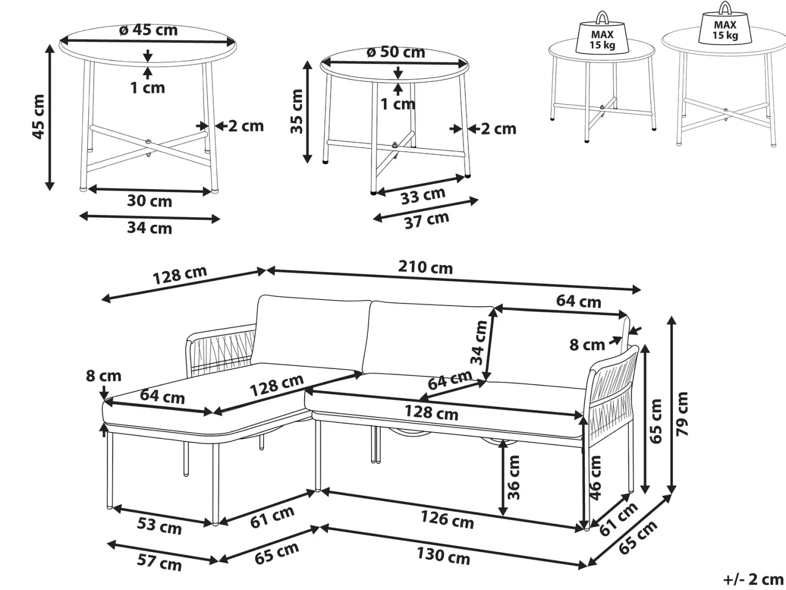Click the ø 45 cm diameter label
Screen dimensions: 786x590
coord(148,30)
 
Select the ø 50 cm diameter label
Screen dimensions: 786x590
coord(396,52)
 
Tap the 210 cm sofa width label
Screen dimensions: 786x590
coord(425,267)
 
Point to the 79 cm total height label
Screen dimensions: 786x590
coord(683,414)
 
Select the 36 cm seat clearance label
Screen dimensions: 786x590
coord(514,477)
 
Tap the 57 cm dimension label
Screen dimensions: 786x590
coord(159,563)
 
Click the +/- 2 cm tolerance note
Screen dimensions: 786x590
coord(753,579)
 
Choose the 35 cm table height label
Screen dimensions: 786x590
coord(297,112)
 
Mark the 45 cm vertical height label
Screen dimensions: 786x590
coord(38,116)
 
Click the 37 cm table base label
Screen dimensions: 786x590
coord(426,220)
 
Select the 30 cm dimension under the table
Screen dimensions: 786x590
coord(150,201)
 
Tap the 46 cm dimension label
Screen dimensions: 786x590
coord(595,477)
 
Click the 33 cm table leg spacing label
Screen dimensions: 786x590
coord(423,196)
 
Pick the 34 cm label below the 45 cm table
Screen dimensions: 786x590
coord(150,228)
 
